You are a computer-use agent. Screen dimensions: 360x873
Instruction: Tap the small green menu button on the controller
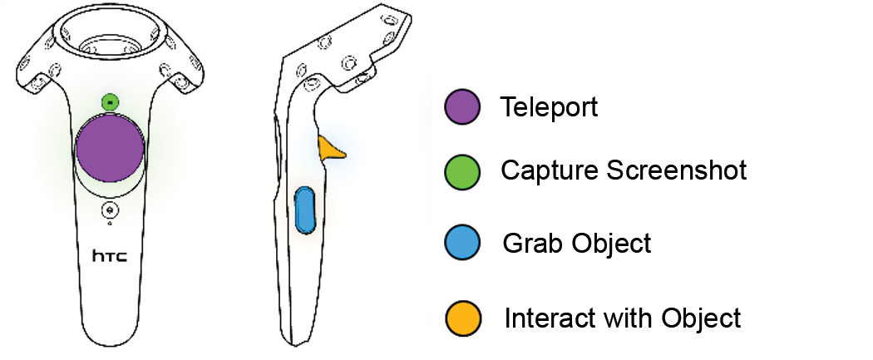coord(110,101)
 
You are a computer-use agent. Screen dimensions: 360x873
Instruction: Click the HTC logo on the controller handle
coord(110,257)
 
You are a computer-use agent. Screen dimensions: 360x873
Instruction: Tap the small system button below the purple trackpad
coord(110,210)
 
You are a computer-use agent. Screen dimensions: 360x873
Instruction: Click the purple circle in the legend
coord(462,108)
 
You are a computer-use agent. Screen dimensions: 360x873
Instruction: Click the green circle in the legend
coord(462,171)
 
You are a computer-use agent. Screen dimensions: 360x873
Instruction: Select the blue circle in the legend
coord(462,244)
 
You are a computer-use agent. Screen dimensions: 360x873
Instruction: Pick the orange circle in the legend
coord(462,318)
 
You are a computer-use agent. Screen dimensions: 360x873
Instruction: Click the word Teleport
coord(549,107)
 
